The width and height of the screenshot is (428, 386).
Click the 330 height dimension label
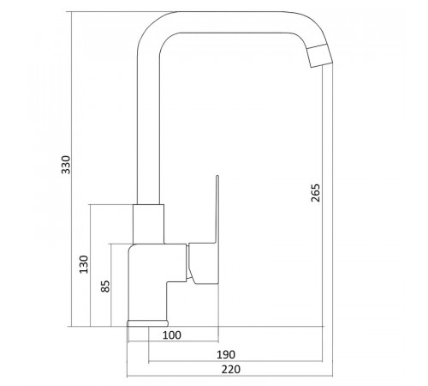[x=66, y=165]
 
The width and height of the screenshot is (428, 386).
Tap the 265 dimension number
[x=316, y=193]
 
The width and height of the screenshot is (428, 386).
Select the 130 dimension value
[x=84, y=264]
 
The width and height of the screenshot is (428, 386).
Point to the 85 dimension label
[x=105, y=286]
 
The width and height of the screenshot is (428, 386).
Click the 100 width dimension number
[x=172, y=335]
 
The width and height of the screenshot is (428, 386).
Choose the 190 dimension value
[x=226, y=355]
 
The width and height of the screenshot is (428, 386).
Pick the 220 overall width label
[x=231, y=370]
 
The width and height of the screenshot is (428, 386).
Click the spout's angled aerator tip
[x=320, y=56]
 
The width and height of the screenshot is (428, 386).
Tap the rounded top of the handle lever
[x=217, y=176]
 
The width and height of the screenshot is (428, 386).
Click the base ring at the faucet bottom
[x=147, y=323]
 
